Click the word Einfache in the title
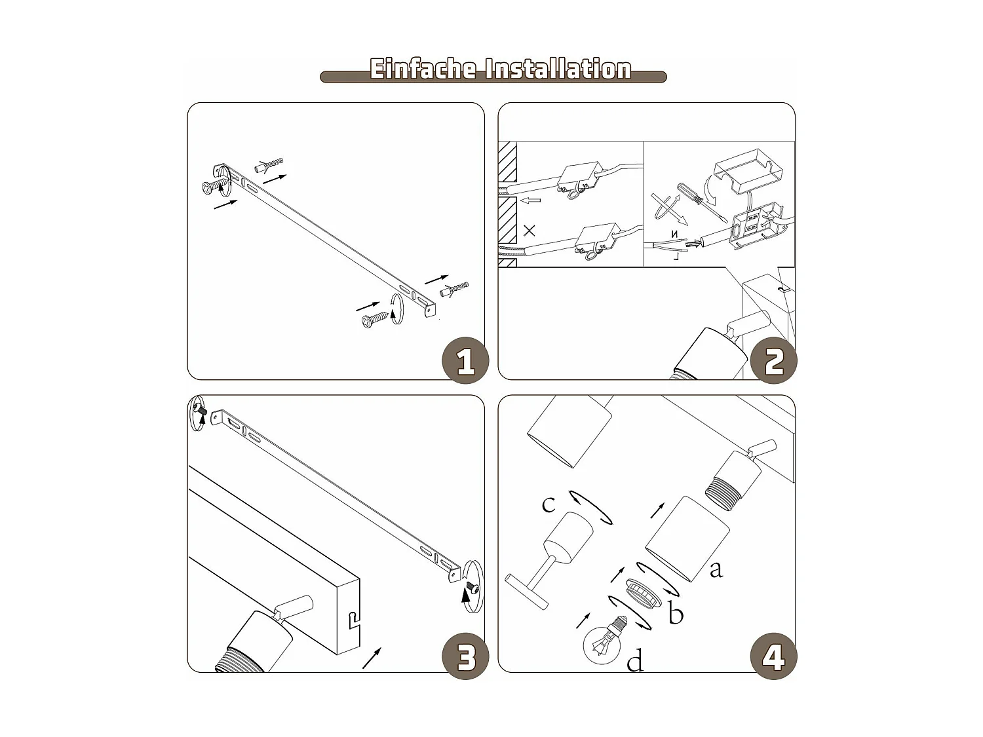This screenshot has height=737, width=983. click(x=422, y=69)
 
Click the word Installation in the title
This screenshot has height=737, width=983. click(x=558, y=69)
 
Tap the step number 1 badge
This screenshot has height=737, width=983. click(x=465, y=360)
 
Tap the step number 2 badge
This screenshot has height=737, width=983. click(x=773, y=360)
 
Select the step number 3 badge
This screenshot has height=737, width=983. click(x=465, y=656)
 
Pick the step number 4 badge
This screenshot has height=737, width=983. click(x=773, y=656)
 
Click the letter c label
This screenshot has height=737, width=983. click(x=549, y=504)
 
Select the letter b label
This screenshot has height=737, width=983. click(x=676, y=613)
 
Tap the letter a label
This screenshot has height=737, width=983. click(x=716, y=570)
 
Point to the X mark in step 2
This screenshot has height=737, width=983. click(x=529, y=231)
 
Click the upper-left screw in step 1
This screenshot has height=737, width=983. click(x=215, y=185)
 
